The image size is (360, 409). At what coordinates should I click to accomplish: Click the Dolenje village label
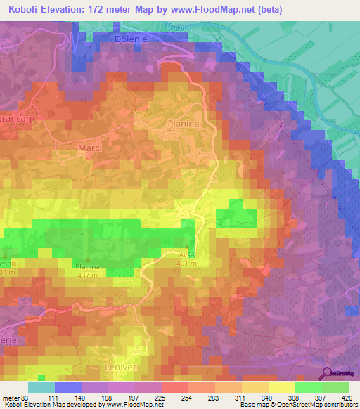[x=129, y=40]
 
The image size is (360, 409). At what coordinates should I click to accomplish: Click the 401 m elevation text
[x=187, y=263]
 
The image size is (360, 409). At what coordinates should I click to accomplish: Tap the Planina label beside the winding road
[x=184, y=124]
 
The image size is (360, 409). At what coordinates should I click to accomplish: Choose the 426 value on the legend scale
[x=345, y=399]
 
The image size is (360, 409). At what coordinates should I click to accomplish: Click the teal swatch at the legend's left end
[x=41, y=387]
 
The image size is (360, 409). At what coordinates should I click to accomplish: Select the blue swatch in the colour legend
[x=67, y=387]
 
